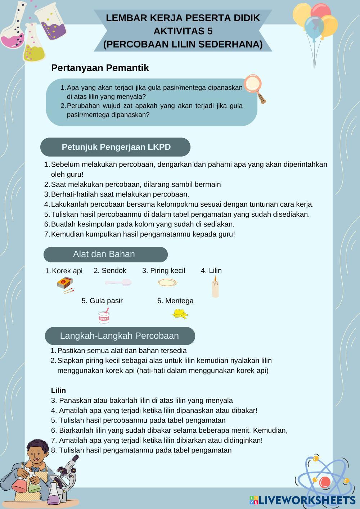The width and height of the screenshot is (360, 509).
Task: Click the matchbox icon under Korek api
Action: [x=65, y=284]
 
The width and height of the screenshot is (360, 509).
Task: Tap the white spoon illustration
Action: [x=118, y=283]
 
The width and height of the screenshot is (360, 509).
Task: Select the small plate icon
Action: [x=168, y=283]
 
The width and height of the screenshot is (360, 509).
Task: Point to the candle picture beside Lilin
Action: [x=215, y=288]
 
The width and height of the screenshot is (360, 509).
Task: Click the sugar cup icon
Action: [x=104, y=317]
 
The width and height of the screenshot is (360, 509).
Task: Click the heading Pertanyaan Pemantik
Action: [x=100, y=68]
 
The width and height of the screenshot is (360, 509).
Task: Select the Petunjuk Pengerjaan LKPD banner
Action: [x=116, y=147]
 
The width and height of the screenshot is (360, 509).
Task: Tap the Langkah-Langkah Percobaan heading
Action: [x=120, y=336]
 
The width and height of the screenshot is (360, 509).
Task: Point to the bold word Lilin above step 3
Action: [x=58, y=390]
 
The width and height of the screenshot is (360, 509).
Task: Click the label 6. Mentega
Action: [x=175, y=301]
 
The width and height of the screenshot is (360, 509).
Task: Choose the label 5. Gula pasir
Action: [x=102, y=301]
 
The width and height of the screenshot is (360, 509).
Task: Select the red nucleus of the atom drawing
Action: [x=324, y=482]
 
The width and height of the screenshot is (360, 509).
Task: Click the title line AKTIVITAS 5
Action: [x=183, y=31]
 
